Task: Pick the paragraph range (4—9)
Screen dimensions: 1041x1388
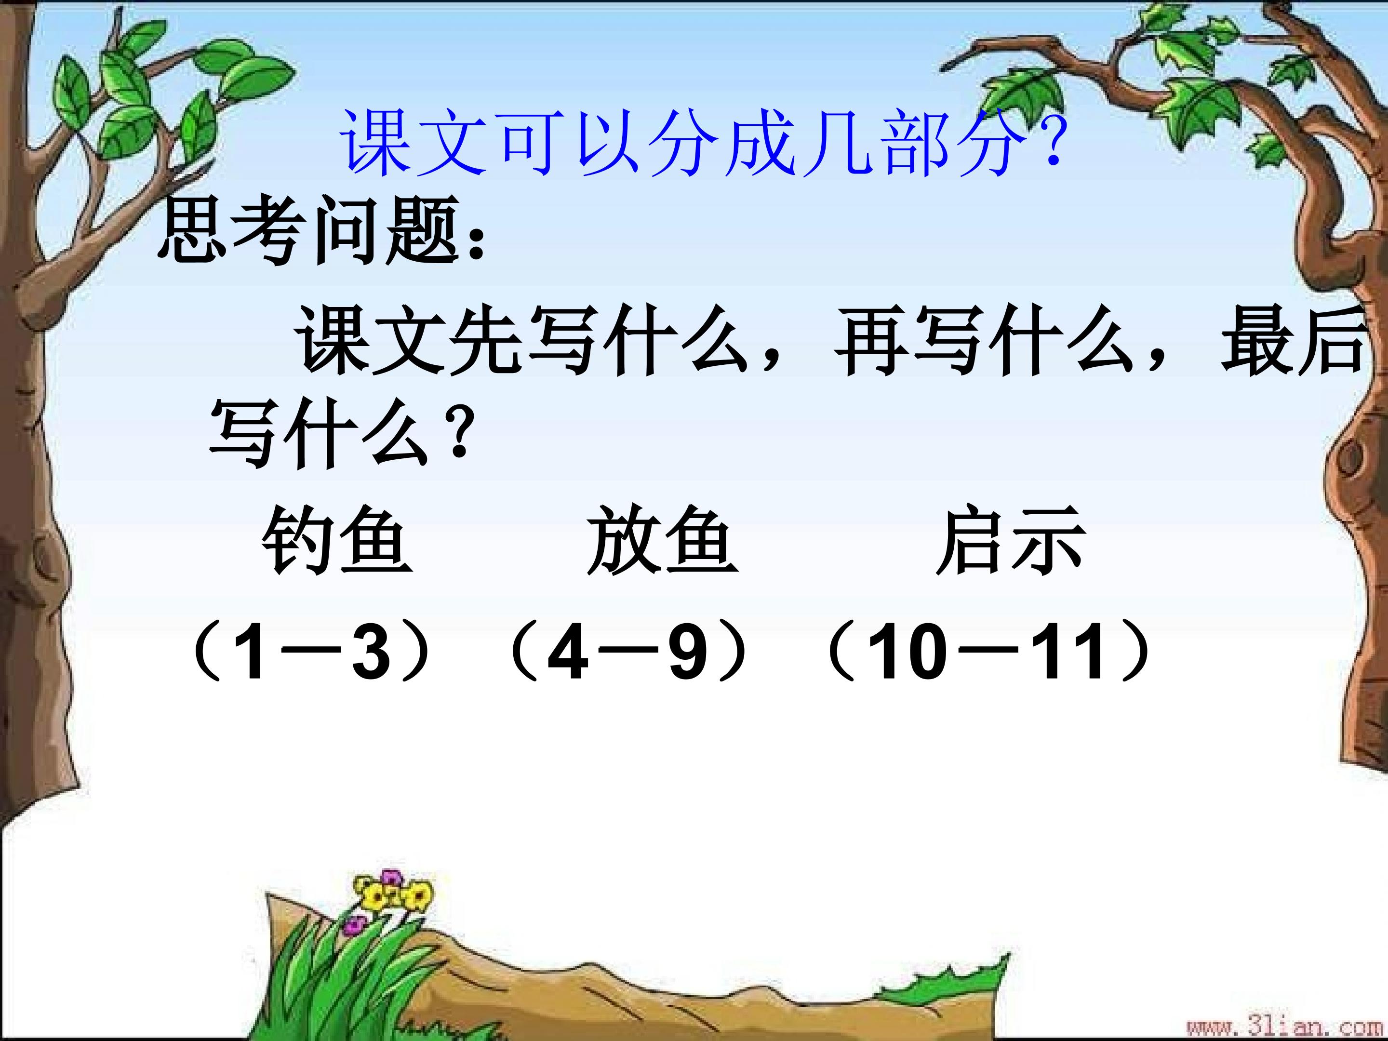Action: tap(627, 653)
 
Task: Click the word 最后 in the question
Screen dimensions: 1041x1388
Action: tap(1293, 342)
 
